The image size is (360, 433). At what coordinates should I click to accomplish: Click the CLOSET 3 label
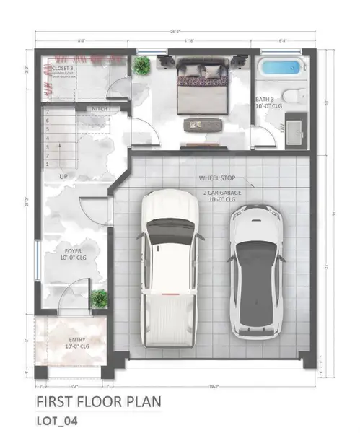[x=63, y=68]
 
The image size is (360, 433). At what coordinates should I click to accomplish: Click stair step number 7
[x=48, y=112]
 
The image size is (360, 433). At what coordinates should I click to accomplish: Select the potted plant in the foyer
[x=100, y=297]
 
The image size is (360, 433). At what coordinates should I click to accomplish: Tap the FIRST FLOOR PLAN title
[x=98, y=401]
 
